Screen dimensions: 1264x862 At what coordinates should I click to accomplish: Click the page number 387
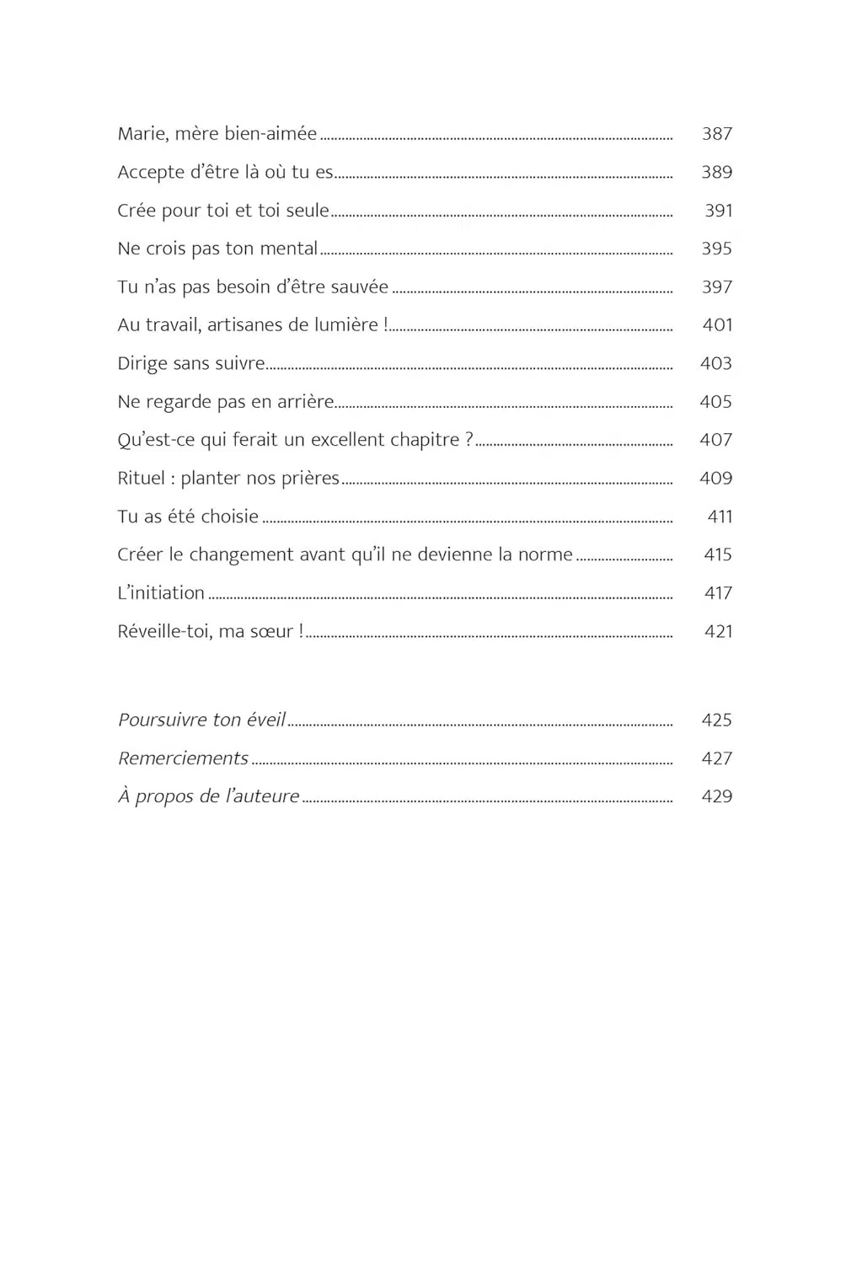pyautogui.click(x=716, y=134)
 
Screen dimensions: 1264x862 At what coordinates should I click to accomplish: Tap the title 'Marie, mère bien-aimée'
pyautogui.click(x=217, y=134)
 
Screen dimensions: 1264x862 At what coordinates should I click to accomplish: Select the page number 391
pyautogui.click(x=718, y=211)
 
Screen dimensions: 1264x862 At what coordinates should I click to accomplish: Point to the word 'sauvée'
pyautogui.click(x=361, y=287)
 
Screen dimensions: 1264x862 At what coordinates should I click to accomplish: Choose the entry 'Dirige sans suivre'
pyautogui.click(x=191, y=364)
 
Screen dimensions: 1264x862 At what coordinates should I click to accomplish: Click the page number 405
pyautogui.click(x=715, y=402)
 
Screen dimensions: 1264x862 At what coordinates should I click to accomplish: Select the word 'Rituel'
pyautogui.click(x=141, y=479)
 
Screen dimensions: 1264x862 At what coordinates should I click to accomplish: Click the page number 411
pyautogui.click(x=719, y=517)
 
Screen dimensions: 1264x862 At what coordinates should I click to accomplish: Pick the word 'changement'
pyautogui.click(x=242, y=555)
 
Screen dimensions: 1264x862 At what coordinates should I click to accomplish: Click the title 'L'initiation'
pyautogui.click(x=161, y=593)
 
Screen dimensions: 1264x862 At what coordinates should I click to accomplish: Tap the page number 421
pyautogui.click(x=718, y=631)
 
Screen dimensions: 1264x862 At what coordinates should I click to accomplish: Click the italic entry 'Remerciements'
pyautogui.click(x=183, y=758)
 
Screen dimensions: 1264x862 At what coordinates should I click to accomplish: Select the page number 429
pyautogui.click(x=716, y=796)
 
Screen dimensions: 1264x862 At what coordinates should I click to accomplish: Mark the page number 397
pyautogui.click(x=716, y=287)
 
